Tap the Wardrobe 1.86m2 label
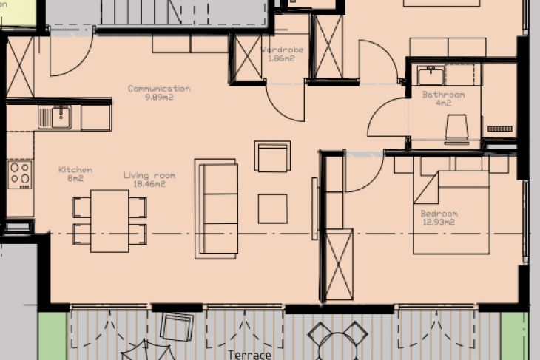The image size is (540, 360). [x=283, y=54]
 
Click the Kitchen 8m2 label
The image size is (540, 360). [x=75, y=174]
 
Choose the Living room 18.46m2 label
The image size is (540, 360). [x=149, y=180]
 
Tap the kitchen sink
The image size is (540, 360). [x=56, y=116]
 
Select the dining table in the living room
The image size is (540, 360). [x=109, y=220]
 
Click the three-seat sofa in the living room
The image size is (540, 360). [x=216, y=208]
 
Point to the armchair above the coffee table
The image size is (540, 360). [x=272, y=157]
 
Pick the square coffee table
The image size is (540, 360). [x=272, y=208]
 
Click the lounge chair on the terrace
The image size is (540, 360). [x=176, y=326]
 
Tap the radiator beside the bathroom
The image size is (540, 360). [x=500, y=129]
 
